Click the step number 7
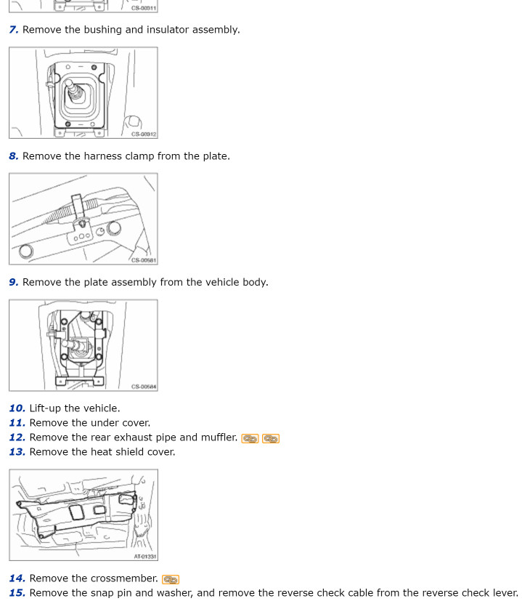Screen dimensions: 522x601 pos(14,30)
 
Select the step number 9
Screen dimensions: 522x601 pos(14,282)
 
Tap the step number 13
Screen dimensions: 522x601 pos(17,452)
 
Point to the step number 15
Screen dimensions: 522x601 pos(17,593)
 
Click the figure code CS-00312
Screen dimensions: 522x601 pos(144,134)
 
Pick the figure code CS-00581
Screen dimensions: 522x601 pos(144,260)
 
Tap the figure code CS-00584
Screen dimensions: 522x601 pos(144,387)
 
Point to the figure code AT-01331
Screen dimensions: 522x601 pos(145,557)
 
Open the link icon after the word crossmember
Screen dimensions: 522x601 pos(171,579)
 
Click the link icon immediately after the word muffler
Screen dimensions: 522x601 pos(250,438)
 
